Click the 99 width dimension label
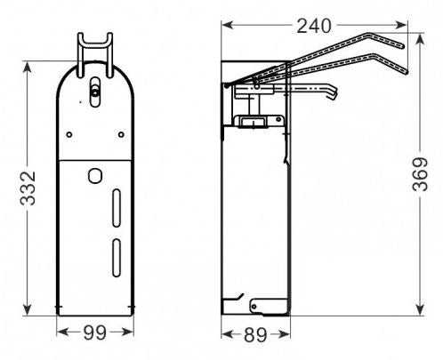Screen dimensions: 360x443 (x=95, y=333)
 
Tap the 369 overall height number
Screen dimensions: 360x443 (x=431, y=169)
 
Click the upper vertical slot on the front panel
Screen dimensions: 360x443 (x=116, y=211)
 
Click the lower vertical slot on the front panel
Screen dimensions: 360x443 (x=116, y=260)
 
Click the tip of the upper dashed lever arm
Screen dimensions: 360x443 (x=403, y=42)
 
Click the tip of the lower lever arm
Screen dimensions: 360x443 (x=407, y=69)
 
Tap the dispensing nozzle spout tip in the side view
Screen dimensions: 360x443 (x=335, y=95)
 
